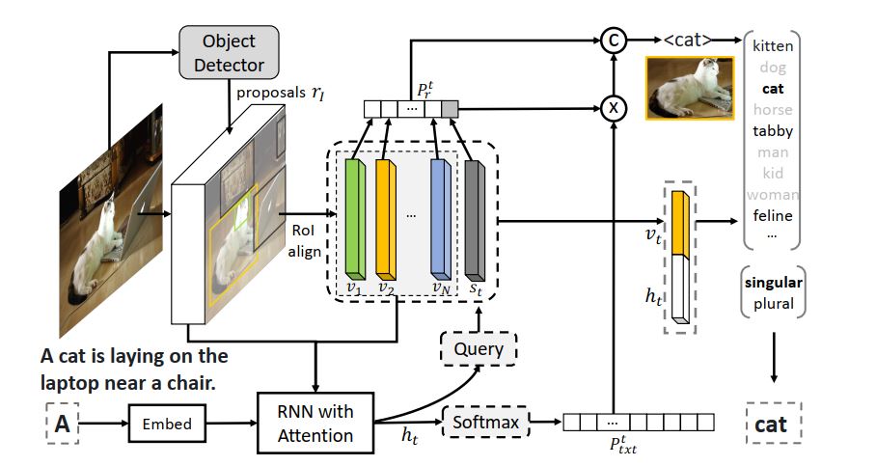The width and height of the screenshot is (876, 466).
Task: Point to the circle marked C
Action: click(610, 41)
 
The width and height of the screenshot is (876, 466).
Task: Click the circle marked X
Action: click(610, 108)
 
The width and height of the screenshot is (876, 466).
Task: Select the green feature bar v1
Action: click(354, 219)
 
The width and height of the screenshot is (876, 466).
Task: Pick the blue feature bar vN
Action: click(439, 219)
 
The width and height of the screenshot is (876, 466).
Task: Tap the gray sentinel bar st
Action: click(473, 219)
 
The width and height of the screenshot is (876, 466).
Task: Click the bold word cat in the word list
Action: click(772, 89)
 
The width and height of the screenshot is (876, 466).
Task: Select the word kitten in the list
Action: click(772, 46)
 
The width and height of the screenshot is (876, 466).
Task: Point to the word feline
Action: click(772, 216)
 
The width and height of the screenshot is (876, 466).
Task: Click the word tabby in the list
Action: click(772, 131)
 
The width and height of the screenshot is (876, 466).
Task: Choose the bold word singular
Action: click(773, 283)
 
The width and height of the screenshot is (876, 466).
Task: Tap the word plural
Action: click(773, 304)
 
